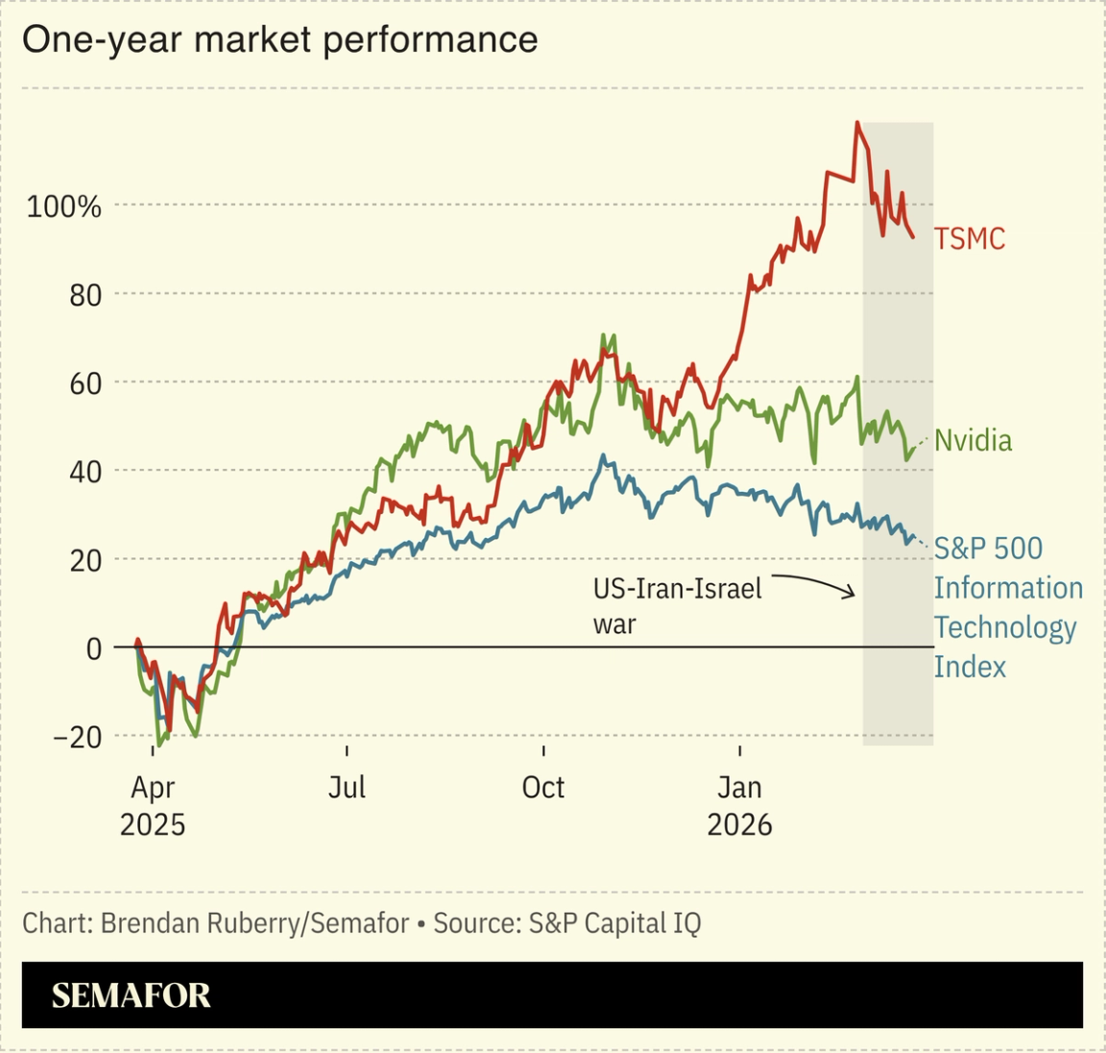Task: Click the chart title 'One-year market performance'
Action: (279, 40)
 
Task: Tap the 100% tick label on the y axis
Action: (63, 206)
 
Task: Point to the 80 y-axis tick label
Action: (84, 295)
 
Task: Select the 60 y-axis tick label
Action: (84, 383)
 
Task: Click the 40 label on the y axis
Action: (84, 472)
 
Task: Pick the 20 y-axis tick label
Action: (84, 560)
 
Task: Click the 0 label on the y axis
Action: (93, 649)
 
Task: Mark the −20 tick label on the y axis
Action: (77, 737)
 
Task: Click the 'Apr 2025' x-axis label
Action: (153, 805)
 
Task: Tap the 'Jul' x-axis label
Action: (347, 787)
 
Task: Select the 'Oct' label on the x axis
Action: (543, 787)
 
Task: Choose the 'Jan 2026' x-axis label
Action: (739, 805)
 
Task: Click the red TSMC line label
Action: (970, 238)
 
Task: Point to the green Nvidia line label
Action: (973, 440)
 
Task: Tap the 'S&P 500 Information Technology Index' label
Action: (1007, 607)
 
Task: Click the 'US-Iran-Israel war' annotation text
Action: (677, 605)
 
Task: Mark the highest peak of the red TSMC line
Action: (856, 123)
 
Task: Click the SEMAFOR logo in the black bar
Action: (131, 995)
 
